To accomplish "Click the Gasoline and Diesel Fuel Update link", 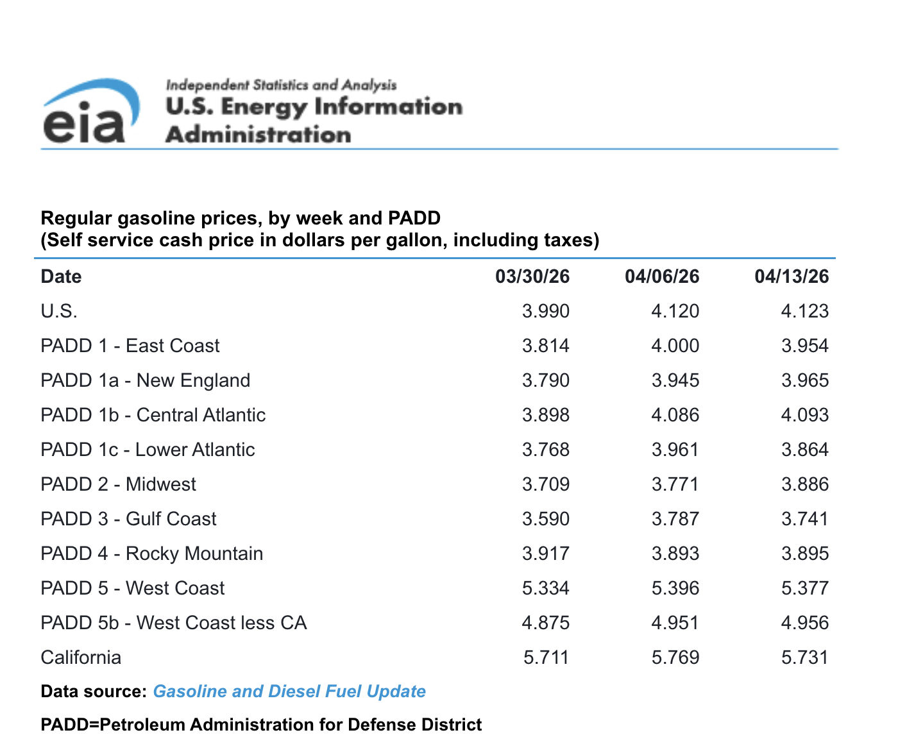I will [x=289, y=691].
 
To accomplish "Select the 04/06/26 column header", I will [x=662, y=276].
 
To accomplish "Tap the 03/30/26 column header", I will [x=532, y=276].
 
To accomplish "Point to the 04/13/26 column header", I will [x=792, y=276].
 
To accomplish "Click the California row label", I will [x=81, y=657].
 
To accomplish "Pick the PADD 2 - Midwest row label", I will [x=118, y=484].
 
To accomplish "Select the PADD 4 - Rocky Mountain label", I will [x=151, y=554].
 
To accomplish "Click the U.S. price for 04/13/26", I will [x=804, y=311].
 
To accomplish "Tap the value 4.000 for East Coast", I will [x=675, y=346].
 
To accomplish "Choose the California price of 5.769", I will [x=675, y=657].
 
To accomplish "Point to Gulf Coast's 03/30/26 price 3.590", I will [x=545, y=519].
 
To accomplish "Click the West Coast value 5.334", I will [x=545, y=588].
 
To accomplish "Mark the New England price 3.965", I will [x=804, y=380].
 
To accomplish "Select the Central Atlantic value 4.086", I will [x=675, y=415].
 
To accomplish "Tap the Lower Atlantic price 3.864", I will [x=804, y=450].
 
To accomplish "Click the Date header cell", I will [x=61, y=276].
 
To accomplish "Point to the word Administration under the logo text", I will [x=258, y=135].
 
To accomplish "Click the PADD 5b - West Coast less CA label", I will [x=173, y=623].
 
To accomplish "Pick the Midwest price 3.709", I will [x=545, y=484].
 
